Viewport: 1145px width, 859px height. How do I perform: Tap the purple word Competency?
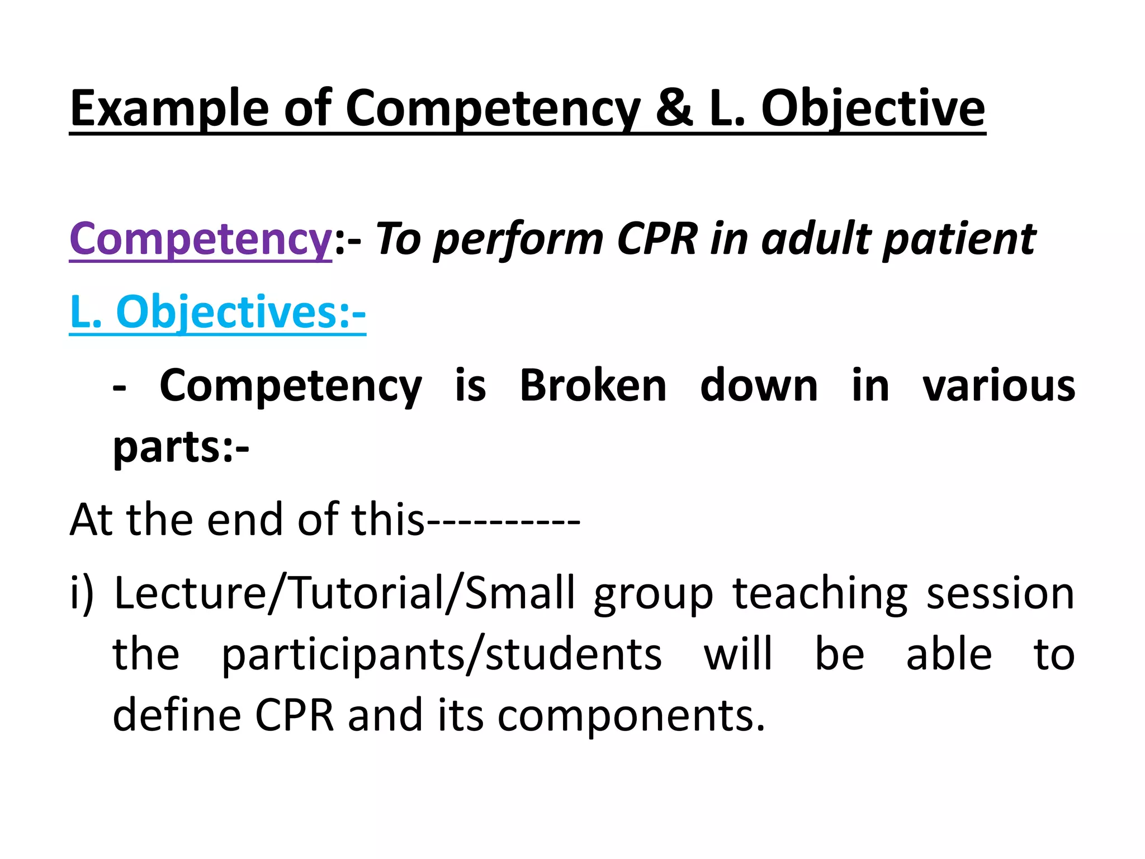click(200, 239)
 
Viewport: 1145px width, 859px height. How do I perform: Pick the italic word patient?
click(959, 239)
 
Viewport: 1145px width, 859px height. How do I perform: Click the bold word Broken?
click(593, 386)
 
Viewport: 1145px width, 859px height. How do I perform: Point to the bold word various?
click(999, 386)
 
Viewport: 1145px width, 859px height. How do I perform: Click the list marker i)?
click(82, 594)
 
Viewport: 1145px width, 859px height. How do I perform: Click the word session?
click(1000, 594)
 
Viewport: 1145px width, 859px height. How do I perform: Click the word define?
click(177, 716)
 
